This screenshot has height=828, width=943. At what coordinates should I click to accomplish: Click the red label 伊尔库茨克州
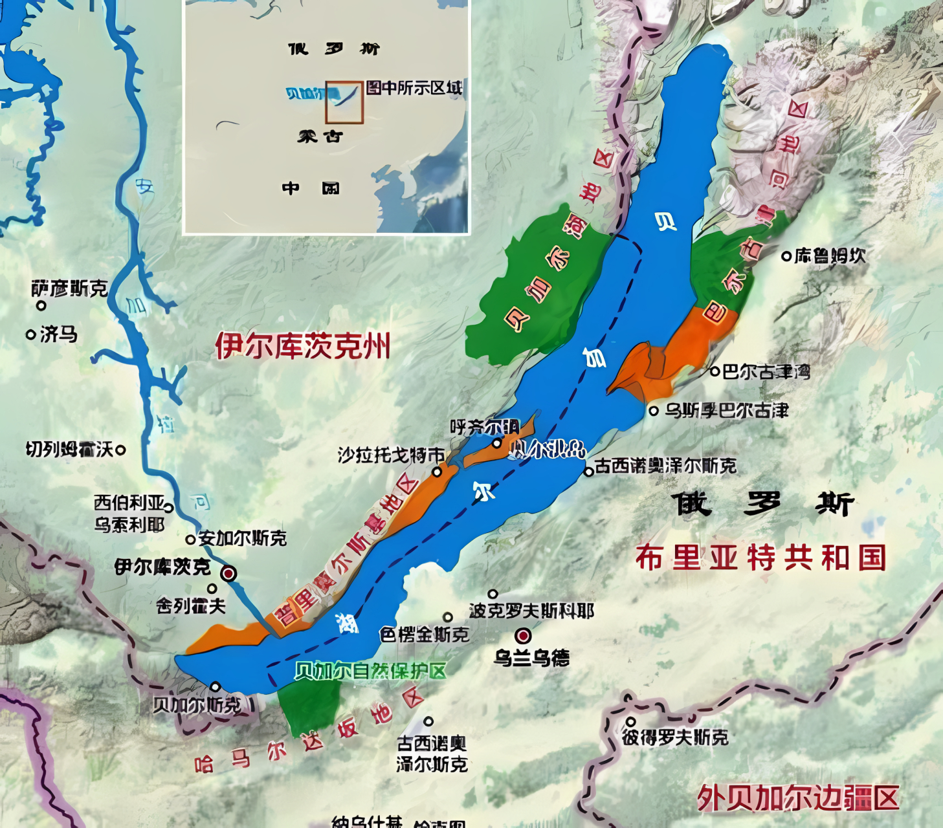[302, 345]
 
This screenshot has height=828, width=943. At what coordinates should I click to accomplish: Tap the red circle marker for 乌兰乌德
[523, 635]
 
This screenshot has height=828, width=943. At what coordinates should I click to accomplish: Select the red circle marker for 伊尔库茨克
[228, 573]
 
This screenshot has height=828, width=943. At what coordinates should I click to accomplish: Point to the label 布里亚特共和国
[760, 558]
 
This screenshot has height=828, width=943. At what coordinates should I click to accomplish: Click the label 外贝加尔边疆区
[798, 798]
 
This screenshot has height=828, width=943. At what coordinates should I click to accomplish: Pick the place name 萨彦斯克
[69, 289]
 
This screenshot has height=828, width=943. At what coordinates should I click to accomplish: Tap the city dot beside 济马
[30, 334]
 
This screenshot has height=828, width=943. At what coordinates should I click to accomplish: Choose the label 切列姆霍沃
[69, 449]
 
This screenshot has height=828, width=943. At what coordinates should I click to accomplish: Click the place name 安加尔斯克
[243, 538]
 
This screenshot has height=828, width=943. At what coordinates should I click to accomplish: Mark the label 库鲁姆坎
[830, 256]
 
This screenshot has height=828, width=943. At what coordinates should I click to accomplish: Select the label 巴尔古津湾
[766, 372]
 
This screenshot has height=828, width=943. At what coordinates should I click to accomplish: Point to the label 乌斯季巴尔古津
[727, 410]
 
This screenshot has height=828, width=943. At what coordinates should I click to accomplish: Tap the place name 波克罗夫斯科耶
[531, 611]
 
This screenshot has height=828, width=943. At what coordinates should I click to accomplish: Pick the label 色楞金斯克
[425, 634]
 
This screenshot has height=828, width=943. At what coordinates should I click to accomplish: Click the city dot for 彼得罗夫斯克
[631, 722]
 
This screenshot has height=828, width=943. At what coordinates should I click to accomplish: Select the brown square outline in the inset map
[344, 102]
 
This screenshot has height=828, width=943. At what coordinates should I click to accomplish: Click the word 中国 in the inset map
[311, 188]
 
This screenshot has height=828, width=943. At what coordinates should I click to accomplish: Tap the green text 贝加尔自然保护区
[370, 671]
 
